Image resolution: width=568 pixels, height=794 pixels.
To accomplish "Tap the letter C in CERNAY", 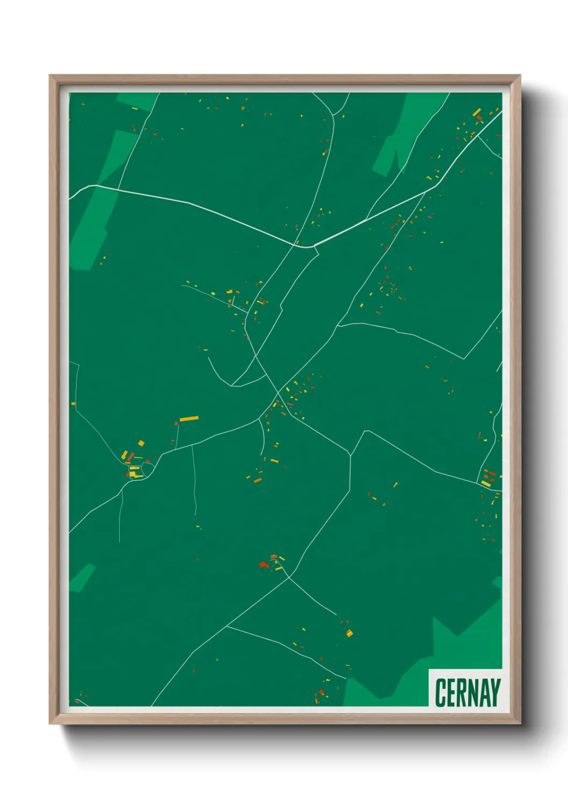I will point(441,693).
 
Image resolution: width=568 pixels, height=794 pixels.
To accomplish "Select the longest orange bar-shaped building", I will point(189,418).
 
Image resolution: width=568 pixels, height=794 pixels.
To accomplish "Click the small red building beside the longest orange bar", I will point(176,424).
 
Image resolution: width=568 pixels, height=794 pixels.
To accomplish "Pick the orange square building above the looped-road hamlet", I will point(141,443).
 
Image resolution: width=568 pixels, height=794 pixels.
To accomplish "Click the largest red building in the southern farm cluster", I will point(263,564).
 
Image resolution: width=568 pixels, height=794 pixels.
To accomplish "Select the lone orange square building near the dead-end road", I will point(349,633).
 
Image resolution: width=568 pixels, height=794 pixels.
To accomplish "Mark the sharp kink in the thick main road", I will point(311,247).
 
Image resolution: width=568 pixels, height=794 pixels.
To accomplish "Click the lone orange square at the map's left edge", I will point(74,403).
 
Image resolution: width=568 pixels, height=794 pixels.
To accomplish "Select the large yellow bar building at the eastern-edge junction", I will point(485,483).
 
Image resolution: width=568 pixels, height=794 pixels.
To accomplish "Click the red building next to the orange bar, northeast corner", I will point(479,118).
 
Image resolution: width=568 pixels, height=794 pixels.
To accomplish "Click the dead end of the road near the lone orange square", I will point(336,615).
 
